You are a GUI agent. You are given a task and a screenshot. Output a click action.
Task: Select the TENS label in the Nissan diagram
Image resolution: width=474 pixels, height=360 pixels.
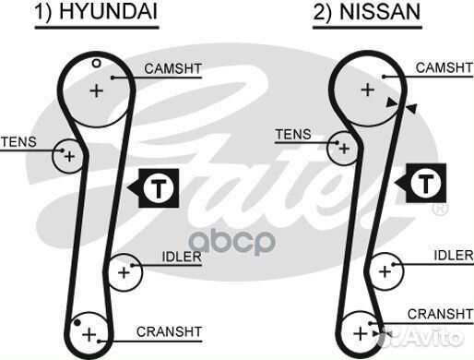[x=293, y=134]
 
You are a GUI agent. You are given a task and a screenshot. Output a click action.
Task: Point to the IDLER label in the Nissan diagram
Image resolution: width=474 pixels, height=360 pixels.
[x=452, y=255]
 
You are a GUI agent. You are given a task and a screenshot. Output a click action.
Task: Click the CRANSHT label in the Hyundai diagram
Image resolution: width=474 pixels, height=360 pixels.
[x=170, y=330]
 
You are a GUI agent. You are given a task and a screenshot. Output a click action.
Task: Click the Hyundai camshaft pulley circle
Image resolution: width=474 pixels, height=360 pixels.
[x=96, y=89]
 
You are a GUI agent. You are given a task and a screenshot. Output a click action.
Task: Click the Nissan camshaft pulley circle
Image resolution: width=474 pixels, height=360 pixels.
[x=367, y=89]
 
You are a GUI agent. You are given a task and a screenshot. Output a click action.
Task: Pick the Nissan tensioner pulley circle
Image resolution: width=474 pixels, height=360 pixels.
[x=343, y=147]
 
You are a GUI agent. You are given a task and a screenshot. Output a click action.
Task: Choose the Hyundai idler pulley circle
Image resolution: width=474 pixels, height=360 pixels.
[x=124, y=271]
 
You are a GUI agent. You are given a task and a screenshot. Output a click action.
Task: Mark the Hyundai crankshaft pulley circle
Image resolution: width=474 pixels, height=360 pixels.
[x=89, y=331]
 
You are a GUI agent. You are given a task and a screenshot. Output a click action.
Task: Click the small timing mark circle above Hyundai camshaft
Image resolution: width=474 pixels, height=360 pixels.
[x=96, y=63]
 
